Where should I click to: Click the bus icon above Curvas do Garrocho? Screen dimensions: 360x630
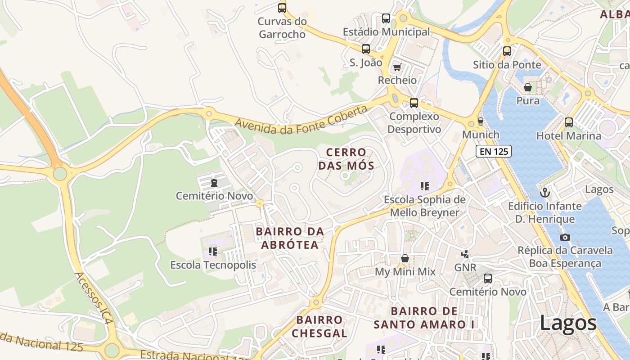282,8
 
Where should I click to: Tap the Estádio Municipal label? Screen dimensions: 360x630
386,32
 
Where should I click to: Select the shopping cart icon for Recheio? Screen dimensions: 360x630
397,67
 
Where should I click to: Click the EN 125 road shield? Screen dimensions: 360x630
494,151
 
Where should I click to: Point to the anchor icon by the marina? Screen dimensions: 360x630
545,193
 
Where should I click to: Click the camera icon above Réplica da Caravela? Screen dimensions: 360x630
565,237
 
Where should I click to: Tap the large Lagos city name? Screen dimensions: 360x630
568,323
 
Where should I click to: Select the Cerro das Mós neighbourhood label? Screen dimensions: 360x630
346,159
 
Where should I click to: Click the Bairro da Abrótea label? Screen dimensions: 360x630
290,238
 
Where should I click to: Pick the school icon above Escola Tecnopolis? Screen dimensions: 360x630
213,251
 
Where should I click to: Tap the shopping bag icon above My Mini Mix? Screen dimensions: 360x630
405,258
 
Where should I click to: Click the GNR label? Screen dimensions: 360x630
465,267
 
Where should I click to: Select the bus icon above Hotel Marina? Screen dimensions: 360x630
569,122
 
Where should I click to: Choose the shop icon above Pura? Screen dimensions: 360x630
528,87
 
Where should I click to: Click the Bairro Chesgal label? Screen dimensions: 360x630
319,326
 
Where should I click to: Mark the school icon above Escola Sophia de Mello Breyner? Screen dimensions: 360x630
424,186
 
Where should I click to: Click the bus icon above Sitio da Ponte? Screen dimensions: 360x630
507,51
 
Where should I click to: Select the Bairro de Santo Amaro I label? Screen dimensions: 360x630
424,318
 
